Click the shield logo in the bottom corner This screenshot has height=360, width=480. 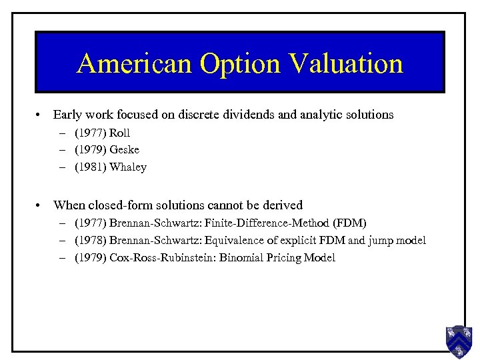[x=459, y=341]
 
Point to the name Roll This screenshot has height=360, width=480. [x=120, y=133]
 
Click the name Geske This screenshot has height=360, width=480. [x=125, y=150]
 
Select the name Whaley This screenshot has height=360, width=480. [x=128, y=167]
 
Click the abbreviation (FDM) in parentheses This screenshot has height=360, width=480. [x=351, y=223]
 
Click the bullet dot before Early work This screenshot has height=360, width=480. [x=40, y=115]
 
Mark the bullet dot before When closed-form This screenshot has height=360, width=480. [x=40, y=205]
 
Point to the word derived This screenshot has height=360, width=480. [x=284, y=205]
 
